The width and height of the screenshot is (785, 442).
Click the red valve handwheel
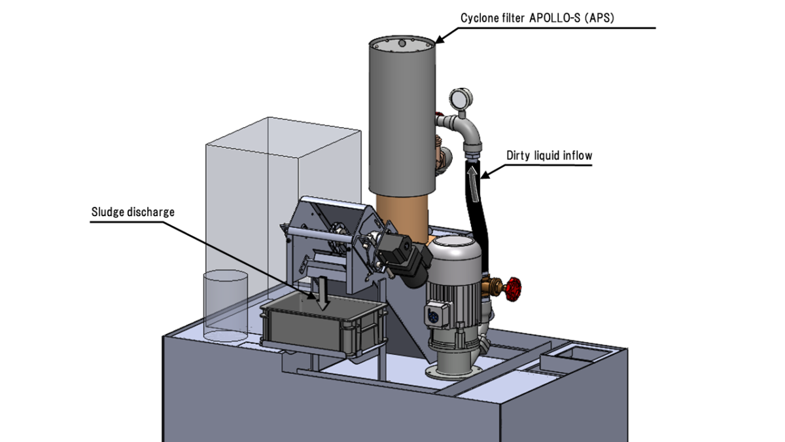[x=514, y=289]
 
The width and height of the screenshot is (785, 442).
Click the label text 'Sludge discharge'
[x=133, y=213]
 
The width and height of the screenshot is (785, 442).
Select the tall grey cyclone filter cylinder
[x=400, y=118]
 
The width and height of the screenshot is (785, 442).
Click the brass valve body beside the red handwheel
[x=491, y=287]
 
